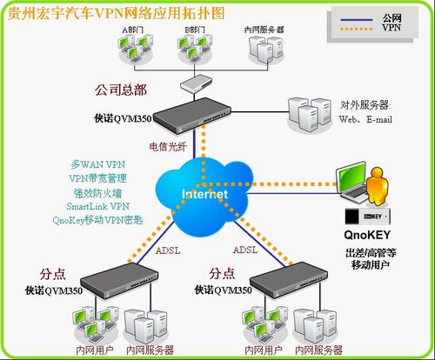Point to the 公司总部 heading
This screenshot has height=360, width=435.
(121, 90)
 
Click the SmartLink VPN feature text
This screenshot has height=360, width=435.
(97, 206)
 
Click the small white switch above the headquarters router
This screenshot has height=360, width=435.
(191, 84)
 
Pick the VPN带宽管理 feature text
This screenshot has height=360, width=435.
(98, 177)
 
